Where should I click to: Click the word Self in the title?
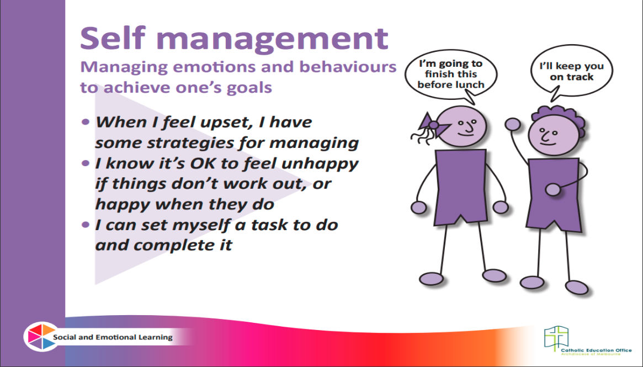pyautogui.click(x=113, y=38)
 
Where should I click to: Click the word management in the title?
pyautogui.click(x=272, y=40)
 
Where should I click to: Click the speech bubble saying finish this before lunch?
pyautogui.click(x=451, y=76)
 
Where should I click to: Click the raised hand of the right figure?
pyautogui.click(x=513, y=124)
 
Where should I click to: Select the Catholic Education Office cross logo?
pyautogui.click(x=556, y=338)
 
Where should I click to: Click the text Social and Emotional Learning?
pyautogui.click(x=113, y=338)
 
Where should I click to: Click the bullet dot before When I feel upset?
pyautogui.click(x=86, y=122)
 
